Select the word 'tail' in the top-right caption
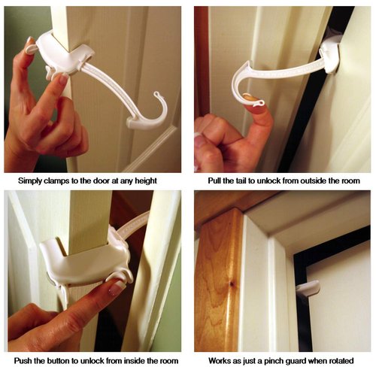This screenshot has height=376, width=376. tap(238, 181)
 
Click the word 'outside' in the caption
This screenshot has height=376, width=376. tap(306, 181)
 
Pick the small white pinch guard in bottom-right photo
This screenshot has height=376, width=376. tap(307, 288)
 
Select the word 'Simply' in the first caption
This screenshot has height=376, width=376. tap(29, 181)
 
